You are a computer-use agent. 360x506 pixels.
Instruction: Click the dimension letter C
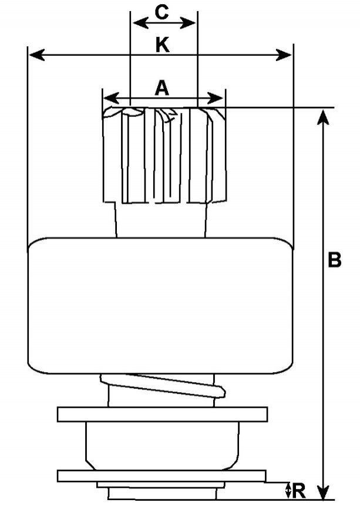[x=163, y=11]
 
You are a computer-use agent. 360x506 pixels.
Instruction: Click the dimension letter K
[x=163, y=45]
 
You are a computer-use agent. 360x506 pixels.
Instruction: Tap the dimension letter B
[x=334, y=260]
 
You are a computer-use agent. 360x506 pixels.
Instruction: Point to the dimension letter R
[x=299, y=491]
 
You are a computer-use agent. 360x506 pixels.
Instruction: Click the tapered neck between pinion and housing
[x=162, y=221]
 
